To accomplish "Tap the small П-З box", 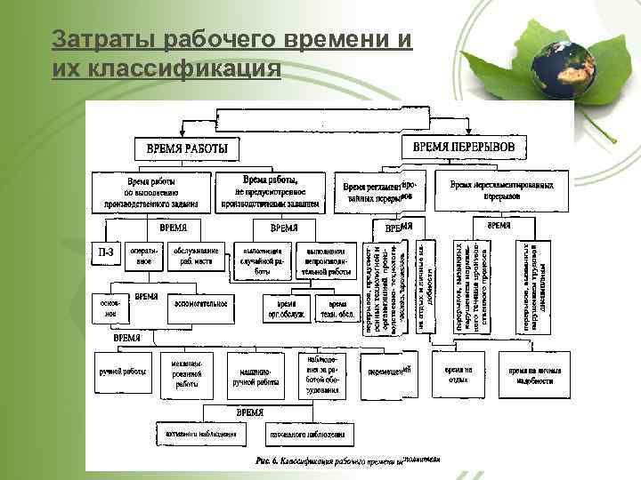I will coord(105,256).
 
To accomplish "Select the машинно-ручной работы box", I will coord(255,378).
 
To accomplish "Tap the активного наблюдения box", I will coord(201,435).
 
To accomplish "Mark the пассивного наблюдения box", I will coord(307,435).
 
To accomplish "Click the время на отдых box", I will coord(460,373).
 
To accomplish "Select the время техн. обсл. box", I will coord(336,308).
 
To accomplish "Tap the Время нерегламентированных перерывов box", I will coord(507,190).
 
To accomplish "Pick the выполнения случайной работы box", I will coord(260,260).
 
